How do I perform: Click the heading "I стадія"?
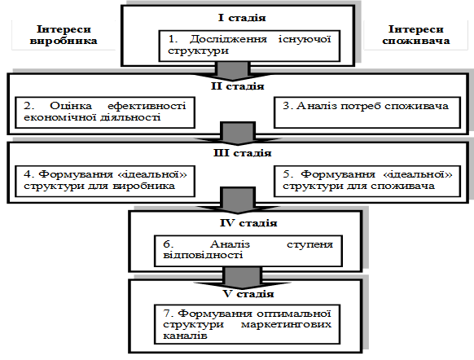click(242, 18)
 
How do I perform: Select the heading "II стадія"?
click(238, 86)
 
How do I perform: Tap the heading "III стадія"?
click(243, 153)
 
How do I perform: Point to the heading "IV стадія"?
click(248, 223)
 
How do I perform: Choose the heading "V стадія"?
click(248, 294)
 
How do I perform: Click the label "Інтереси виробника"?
click(64, 35)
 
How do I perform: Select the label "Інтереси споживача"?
click(416, 35)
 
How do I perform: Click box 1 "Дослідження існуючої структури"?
click(249, 46)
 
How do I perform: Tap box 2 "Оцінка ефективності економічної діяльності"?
click(105, 112)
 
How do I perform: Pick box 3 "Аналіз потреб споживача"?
click(367, 112)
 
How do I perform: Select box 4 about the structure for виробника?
click(105, 181)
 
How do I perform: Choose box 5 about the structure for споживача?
click(367, 181)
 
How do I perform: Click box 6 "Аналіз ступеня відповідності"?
click(248, 251)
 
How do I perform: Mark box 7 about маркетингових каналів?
click(248, 324)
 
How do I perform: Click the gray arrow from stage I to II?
click(233, 71)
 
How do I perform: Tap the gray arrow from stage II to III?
click(238, 134)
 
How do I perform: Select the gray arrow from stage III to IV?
click(238, 200)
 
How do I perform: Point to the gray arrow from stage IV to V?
click(242, 278)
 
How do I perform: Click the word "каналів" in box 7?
click(185, 336)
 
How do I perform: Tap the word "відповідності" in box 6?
click(203, 255)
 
